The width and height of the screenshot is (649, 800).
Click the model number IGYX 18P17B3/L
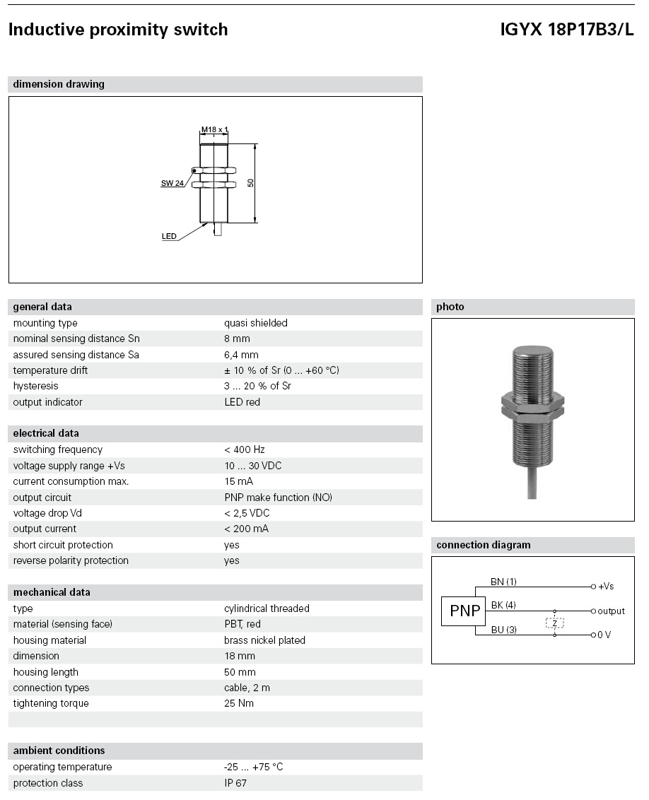567,30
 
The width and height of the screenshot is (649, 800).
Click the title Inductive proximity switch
118,30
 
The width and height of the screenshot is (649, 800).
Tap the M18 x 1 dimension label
215,129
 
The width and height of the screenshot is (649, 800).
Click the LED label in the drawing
169,237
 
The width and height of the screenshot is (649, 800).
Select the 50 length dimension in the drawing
250,182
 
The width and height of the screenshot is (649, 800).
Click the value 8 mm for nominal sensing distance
237,339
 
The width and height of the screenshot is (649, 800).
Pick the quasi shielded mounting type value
256,323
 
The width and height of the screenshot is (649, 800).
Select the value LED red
242,402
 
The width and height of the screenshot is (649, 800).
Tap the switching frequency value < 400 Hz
244,449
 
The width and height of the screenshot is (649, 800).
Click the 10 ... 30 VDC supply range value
253,466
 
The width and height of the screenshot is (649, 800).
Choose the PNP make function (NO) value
278,498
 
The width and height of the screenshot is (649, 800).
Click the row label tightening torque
51,703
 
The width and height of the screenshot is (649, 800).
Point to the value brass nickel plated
264,640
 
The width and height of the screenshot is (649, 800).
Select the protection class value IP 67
235,783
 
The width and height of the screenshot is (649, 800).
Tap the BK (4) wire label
503,605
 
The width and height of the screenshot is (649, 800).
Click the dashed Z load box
554,623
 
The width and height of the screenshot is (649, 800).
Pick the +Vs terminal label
606,587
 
